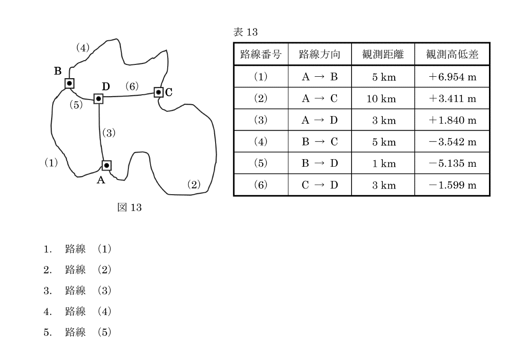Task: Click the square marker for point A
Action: pyautogui.click(x=107, y=165)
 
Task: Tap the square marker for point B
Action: pyautogui.click(x=70, y=83)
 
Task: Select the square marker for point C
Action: pyautogui.click(x=158, y=92)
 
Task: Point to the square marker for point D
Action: pyautogui.click(x=99, y=99)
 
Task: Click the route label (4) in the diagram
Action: pyautogui.click(x=83, y=48)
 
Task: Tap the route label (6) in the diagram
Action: pyautogui.click(x=132, y=86)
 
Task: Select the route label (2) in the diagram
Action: pyautogui.click(x=194, y=185)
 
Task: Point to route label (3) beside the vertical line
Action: pyautogui.click(x=109, y=133)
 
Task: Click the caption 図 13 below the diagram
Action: pyautogui.click(x=129, y=207)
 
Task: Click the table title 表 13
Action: pyautogui.click(x=245, y=32)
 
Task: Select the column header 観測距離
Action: pyautogui.click(x=383, y=54)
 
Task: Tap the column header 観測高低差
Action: pyautogui.click(x=452, y=54)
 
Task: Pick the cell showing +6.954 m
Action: pyautogui.click(x=453, y=77)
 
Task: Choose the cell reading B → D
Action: pyautogui.click(x=320, y=163)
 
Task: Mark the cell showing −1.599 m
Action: pyautogui.click(x=453, y=185)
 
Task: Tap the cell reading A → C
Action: pyautogui.click(x=320, y=98)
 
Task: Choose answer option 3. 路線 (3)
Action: pyautogui.click(x=78, y=290)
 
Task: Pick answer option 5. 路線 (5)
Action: pyautogui.click(x=78, y=332)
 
